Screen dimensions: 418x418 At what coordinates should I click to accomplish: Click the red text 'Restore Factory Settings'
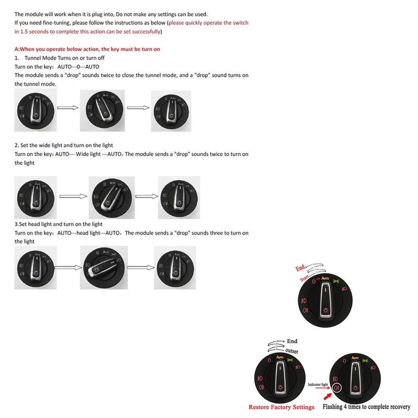tap(281, 407)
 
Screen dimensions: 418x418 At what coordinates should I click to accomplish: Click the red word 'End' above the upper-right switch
tap(300, 268)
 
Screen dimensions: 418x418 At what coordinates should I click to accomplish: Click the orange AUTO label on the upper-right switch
tap(325, 280)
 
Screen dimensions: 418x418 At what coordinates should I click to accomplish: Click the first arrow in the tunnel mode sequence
tap(67, 108)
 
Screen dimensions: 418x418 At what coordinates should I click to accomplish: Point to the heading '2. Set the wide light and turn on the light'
tap(64, 145)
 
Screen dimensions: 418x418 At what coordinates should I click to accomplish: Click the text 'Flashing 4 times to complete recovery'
tap(367, 407)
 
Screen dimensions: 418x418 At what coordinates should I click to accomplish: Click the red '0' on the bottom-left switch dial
tap(270, 361)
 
